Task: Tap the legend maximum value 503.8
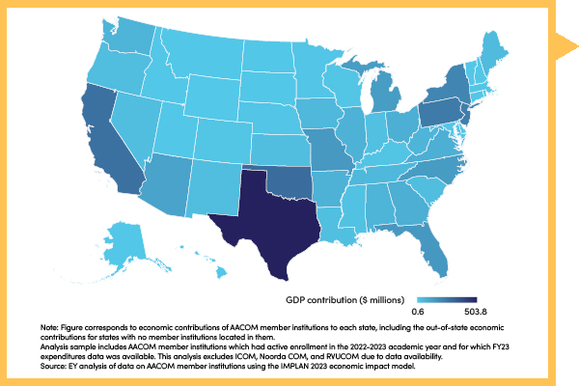pyautogui.click(x=463, y=311)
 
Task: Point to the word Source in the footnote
pyautogui.click(x=56, y=369)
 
